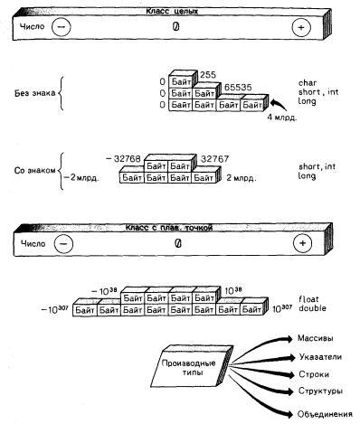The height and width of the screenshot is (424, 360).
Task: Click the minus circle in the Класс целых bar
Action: click(x=62, y=27)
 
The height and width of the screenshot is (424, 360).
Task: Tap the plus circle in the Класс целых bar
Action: click(x=301, y=27)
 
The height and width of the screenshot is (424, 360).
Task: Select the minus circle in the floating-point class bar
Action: click(x=63, y=243)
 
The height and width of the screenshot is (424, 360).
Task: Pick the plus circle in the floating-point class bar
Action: click(x=302, y=243)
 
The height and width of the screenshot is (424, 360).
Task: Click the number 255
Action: click(x=208, y=75)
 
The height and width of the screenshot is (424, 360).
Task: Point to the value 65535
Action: click(x=238, y=88)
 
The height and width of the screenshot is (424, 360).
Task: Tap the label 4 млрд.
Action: click(x=282, y=118)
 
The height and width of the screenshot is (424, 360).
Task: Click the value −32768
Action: click(x=123, y=158)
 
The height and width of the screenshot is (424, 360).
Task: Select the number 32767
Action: click(x=214, y=158)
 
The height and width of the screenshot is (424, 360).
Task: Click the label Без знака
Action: click(x=35, y=93)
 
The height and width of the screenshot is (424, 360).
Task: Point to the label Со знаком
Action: click(x=35, y=171)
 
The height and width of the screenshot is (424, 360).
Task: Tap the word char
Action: click(x=308, y=83)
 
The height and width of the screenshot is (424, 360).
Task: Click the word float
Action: click(x=308, y=299)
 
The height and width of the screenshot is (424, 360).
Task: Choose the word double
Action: click(x=312, y=308)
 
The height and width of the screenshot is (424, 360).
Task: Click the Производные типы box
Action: click(x=192, y=367)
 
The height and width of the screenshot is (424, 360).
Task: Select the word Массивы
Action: click(x=316, y=338)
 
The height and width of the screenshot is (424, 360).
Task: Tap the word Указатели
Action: click(x=320, y=357)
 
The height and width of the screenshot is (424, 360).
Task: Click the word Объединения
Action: click(x=325, y=414)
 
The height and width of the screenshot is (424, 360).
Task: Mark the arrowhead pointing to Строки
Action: click(x=290, y=375)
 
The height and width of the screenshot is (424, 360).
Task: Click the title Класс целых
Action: click(x=172, y=12)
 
